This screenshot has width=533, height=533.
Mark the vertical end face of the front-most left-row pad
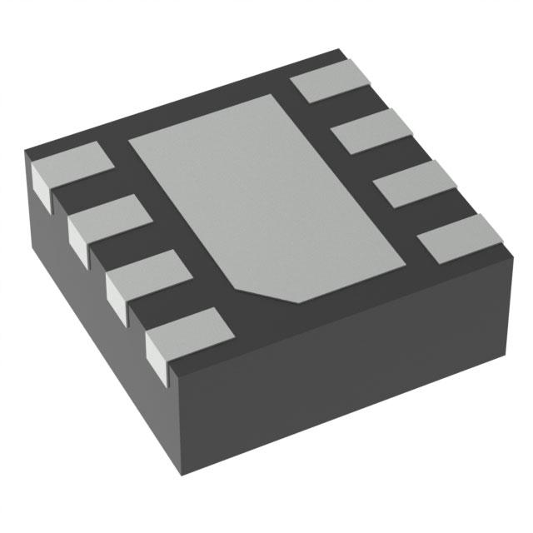(159, 353)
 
